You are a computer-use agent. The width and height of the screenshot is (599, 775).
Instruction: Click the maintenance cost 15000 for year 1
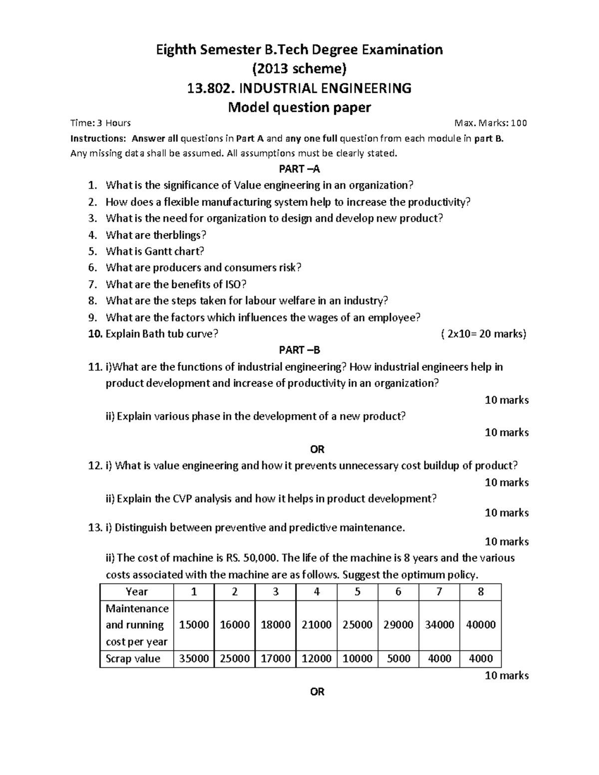[194, 625]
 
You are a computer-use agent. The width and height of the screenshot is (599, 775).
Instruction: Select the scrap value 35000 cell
[194, 659]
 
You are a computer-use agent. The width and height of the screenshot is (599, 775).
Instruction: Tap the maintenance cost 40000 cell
[480, 625]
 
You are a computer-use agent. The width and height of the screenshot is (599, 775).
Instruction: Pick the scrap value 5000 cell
[398, 659]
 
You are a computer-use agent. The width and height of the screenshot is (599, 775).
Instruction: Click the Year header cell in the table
[137, 592]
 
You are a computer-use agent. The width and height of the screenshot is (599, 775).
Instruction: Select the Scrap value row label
[133, 659]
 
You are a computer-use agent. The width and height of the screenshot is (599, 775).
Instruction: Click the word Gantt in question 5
[158, 251]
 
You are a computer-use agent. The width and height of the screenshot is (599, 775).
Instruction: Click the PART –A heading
[299, 169]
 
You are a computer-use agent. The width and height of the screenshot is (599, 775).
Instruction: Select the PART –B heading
[299, 350]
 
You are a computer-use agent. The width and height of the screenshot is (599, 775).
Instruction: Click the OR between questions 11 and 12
[317, 449]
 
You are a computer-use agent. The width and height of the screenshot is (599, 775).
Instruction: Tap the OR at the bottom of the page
[317, 692]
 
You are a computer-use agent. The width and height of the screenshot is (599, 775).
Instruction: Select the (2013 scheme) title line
[299, 68]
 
